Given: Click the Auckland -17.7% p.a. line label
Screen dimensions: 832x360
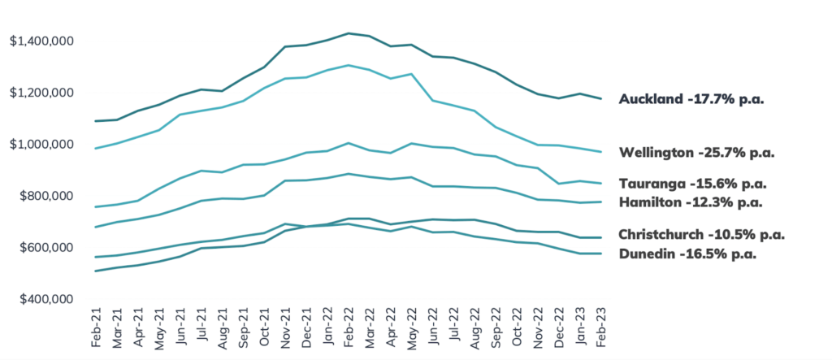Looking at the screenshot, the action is coord(691,100).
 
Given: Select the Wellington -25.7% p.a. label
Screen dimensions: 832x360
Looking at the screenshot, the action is coord(696,154).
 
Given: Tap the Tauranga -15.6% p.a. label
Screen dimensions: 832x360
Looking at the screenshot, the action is coord(693,184).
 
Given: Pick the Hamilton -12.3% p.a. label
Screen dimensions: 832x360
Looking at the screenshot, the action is coord(691,202).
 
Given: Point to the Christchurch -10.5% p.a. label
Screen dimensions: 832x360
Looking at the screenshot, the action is coord(701,235).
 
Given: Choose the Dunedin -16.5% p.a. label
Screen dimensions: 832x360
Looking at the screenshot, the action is coord(687,254).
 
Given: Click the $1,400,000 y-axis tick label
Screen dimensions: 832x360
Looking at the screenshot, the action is coord(41,41).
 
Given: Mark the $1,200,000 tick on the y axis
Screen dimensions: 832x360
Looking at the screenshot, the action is coord(41,93).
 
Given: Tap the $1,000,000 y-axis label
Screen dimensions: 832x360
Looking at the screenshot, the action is coord(41,145).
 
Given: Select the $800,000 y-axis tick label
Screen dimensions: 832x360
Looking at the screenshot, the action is coord(46,197).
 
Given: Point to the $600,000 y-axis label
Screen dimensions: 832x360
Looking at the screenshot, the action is coord(46,248).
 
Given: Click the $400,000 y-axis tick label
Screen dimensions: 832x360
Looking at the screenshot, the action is coord(46,300).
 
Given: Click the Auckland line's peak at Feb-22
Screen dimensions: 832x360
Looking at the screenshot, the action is coord(349,33).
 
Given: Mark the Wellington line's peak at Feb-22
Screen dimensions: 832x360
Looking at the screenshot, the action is coord(349,65).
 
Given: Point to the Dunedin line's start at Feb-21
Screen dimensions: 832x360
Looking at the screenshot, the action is coord(95,271).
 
